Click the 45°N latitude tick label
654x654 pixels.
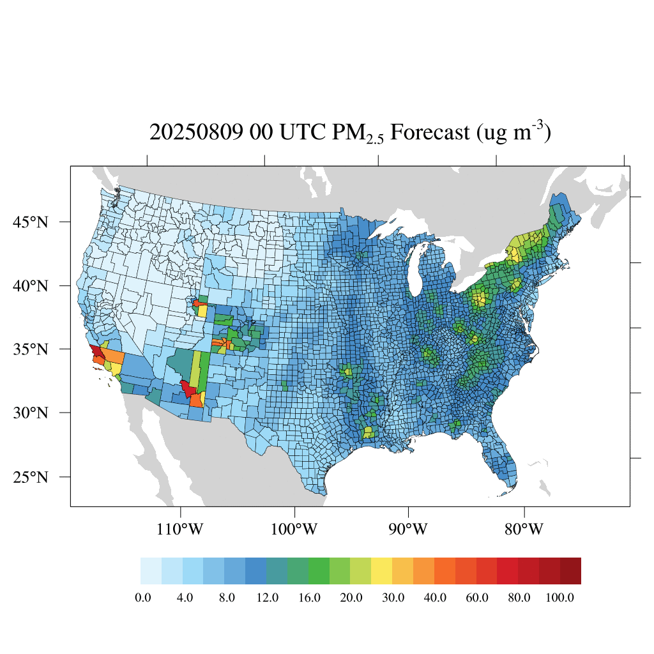[31, 222]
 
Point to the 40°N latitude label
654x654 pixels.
[31, 285]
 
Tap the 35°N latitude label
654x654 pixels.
[31, 349]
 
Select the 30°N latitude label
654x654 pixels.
[31, 413]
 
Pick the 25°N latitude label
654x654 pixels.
[31, 477]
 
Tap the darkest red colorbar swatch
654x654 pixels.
[570, 571]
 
